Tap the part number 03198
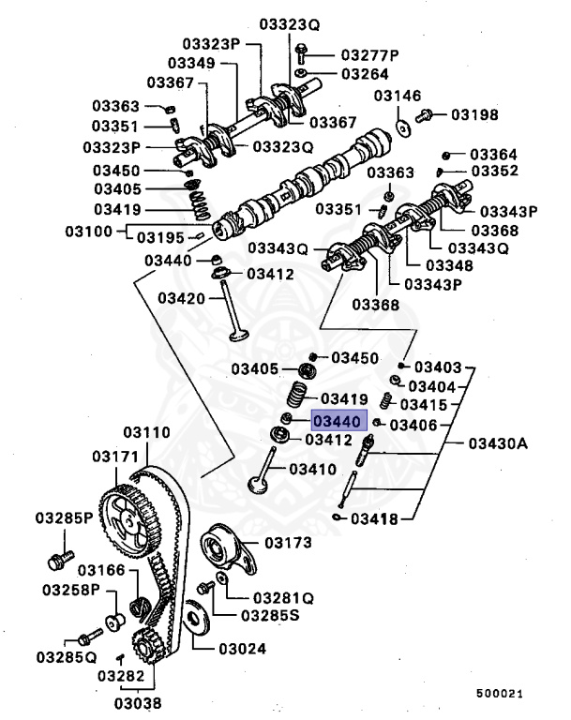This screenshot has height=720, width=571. click(x=477, y=115)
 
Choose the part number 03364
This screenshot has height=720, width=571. click(x=494, y=154)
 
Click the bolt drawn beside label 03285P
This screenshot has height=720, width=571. click(x=57, y=561)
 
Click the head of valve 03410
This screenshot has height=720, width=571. click(x=256, y=486)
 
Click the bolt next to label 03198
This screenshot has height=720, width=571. click(x=425, y=116)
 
